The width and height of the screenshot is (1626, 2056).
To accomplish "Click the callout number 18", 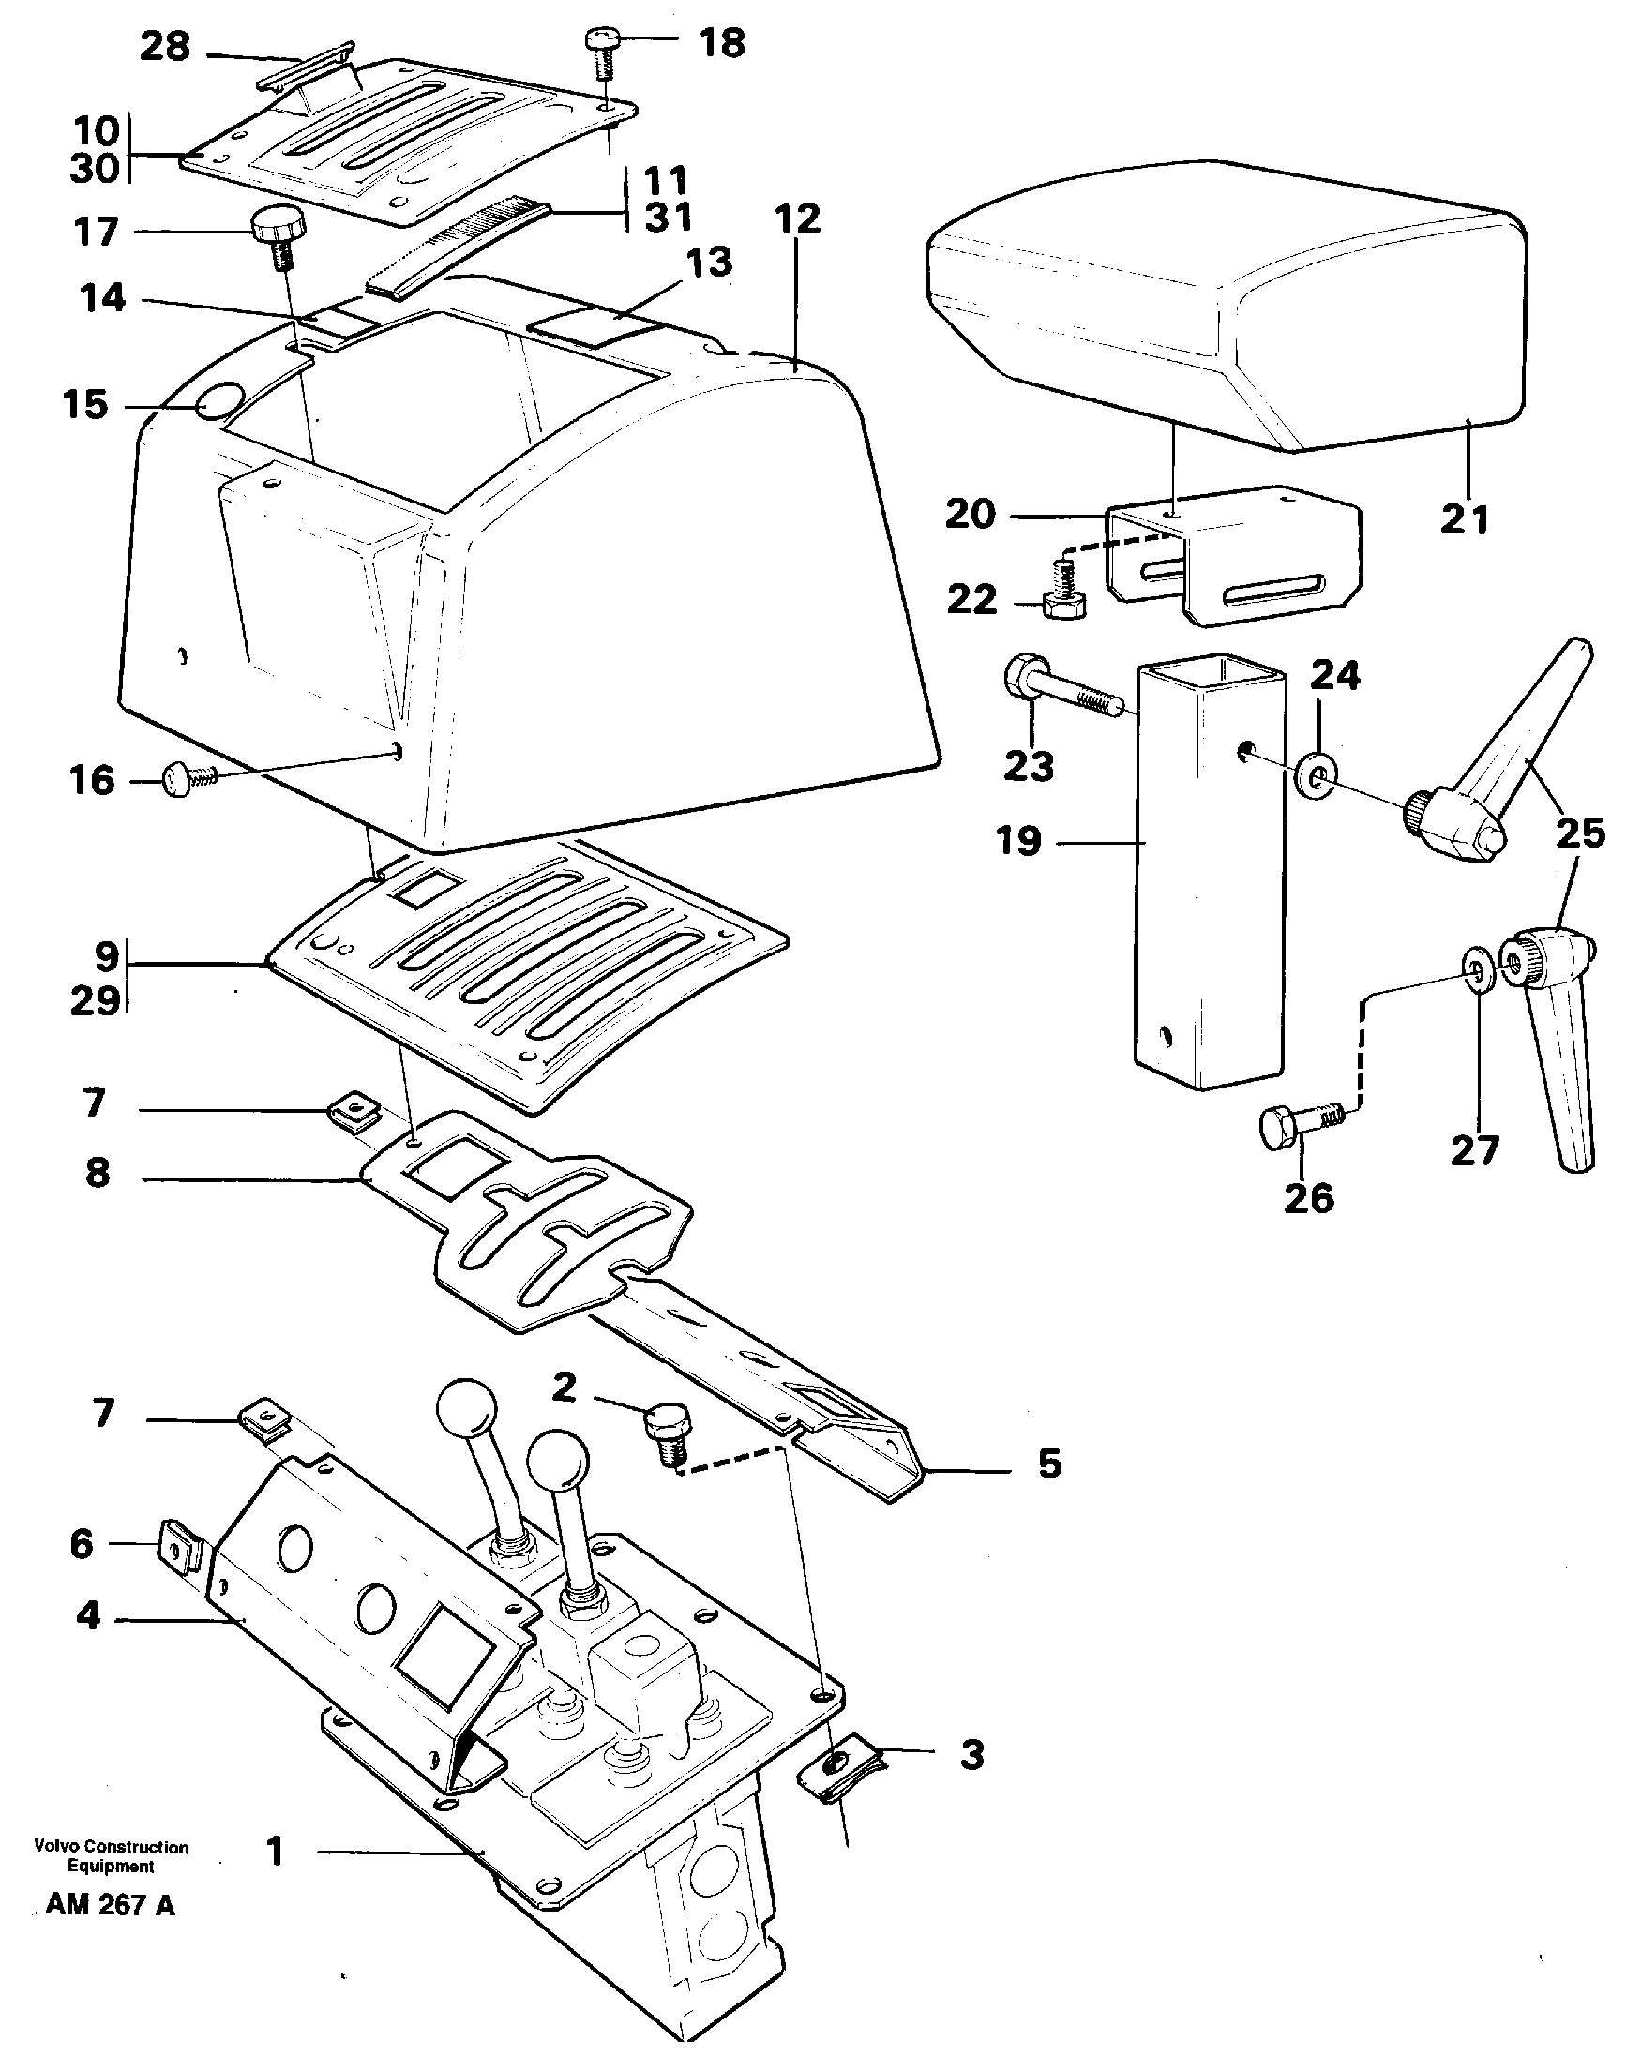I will (721, 43).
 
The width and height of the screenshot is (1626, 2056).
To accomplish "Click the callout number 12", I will (797, 220).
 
